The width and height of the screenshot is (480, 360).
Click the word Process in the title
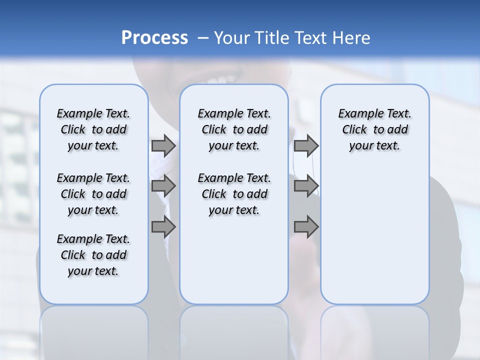click(x=154, y=38)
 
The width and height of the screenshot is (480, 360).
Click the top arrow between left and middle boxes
click(x=163, y=145)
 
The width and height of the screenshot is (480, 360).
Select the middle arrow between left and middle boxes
click(x=163, y=186)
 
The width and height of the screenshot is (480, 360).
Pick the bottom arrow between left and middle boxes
click(x=163, y=227)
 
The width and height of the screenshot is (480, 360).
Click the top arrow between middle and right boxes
click(x=306, y=145)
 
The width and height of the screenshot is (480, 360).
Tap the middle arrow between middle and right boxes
click(x=306, y=186)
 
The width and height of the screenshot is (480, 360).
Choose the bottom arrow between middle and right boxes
click(x=306, y=227)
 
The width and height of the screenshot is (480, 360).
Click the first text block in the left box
click(x=93, y=129)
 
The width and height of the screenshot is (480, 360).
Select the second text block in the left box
click(x=93, y=194)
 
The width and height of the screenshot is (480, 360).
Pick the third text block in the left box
click(x=93, y=255)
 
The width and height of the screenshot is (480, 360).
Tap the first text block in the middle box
click(x=234, y=129)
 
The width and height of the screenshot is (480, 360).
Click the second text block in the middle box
click(x=234, y=194)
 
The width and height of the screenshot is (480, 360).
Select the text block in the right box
click(x=374, y=129)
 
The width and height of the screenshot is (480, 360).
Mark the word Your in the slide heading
click(x=230, y=38)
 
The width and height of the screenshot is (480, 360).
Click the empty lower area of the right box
click(x=374, y=240)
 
